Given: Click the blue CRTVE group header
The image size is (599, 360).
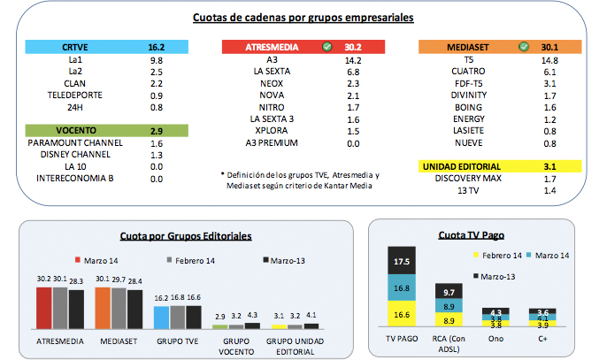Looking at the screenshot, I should (x=97, y=47).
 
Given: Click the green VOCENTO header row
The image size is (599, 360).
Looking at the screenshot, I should (x=97, y=130).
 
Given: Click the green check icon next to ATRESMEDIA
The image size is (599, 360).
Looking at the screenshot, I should (x=328, y=47).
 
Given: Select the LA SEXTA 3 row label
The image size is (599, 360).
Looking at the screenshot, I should (x=273, y=118).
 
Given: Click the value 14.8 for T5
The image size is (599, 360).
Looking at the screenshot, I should (x=549, y=59).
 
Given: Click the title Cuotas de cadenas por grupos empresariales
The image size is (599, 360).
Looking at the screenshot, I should (x=302, y=17).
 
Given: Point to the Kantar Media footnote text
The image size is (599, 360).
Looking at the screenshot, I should (x=298, y=180).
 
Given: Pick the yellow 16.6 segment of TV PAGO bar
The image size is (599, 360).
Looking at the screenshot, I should (x=403, y=313).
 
